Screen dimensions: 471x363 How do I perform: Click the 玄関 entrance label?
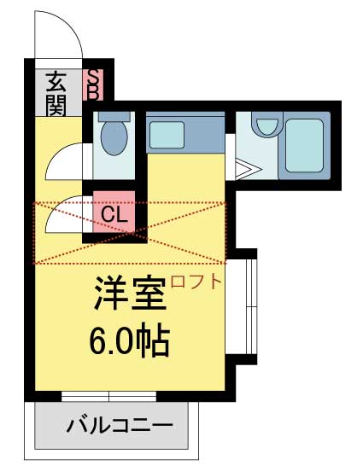click(x=56, y=94)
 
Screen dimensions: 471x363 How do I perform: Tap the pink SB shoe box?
click(x=94, y=84)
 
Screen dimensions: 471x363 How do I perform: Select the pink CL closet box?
click(x=114, y=212)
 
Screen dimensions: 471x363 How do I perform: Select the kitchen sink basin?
click(x=167, y=135)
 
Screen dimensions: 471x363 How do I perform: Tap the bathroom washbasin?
click(x=266, y=125)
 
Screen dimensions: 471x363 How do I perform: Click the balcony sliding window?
click(x=109, y=396)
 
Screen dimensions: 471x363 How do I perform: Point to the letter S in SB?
click(x=94, y=76)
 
